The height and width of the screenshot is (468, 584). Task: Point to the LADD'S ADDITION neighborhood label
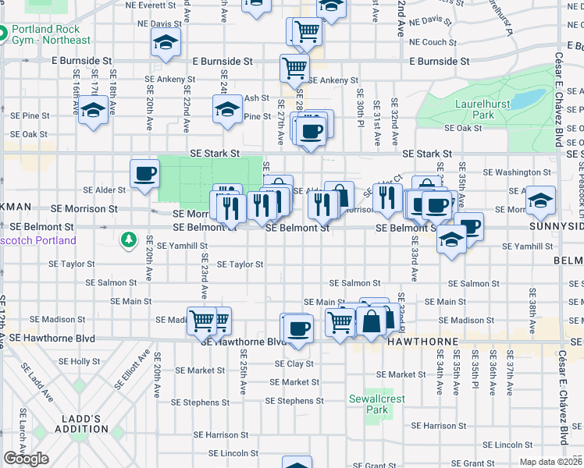click(x=81, y=424)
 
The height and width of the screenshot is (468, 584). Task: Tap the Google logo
click(x=26, y=459)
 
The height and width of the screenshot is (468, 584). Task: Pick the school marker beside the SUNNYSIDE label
click(x=540, y=200)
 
